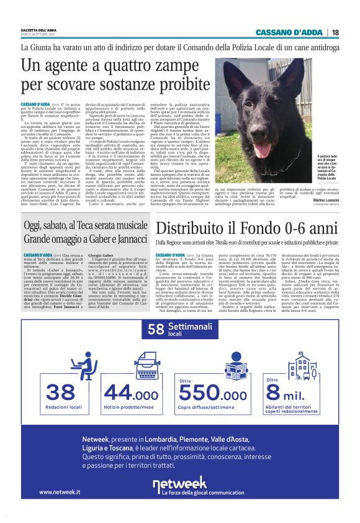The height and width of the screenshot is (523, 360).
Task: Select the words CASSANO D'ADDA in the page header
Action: [291, 32]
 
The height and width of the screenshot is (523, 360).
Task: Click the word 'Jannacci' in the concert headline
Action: [124, 239]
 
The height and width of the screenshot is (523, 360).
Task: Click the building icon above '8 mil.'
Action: [300, 363]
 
